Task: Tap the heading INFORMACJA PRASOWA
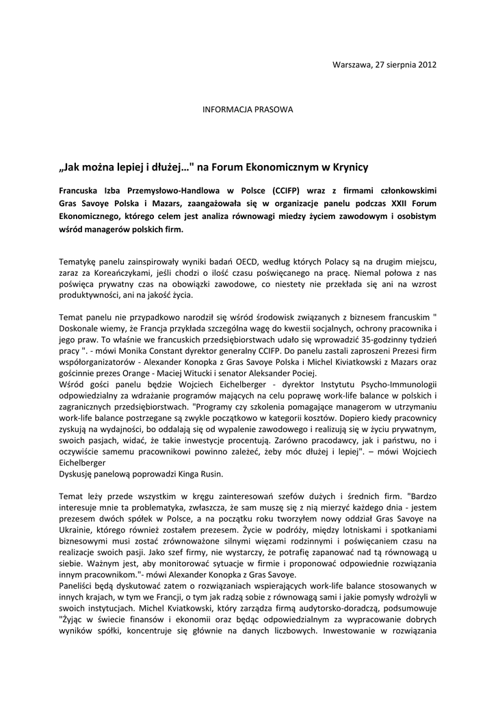[247, 110]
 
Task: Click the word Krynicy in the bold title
[345, 166]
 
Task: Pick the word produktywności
[90, 296]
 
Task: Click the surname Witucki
[188, 373]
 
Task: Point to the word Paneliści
[77, 587]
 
